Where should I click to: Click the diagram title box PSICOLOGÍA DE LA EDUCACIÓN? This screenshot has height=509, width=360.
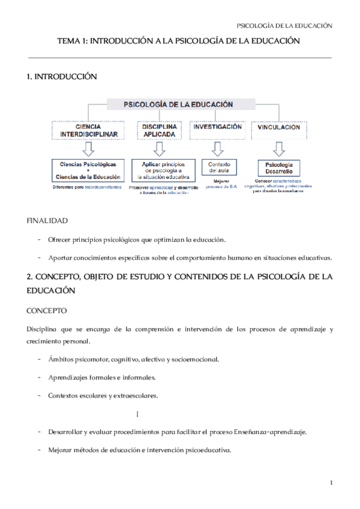(178, 104)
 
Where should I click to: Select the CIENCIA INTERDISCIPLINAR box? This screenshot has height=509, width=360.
(88, 131)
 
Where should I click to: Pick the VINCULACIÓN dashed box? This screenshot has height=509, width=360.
(278, 128)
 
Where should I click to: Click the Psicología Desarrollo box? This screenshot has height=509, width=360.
(278, 167)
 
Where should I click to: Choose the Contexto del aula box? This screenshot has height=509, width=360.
(215, 167)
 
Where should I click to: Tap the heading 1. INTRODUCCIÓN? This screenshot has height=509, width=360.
(62, 77)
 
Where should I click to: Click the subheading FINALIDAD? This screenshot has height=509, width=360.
(47, 221)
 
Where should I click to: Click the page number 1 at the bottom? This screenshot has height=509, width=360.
(331, 483)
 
